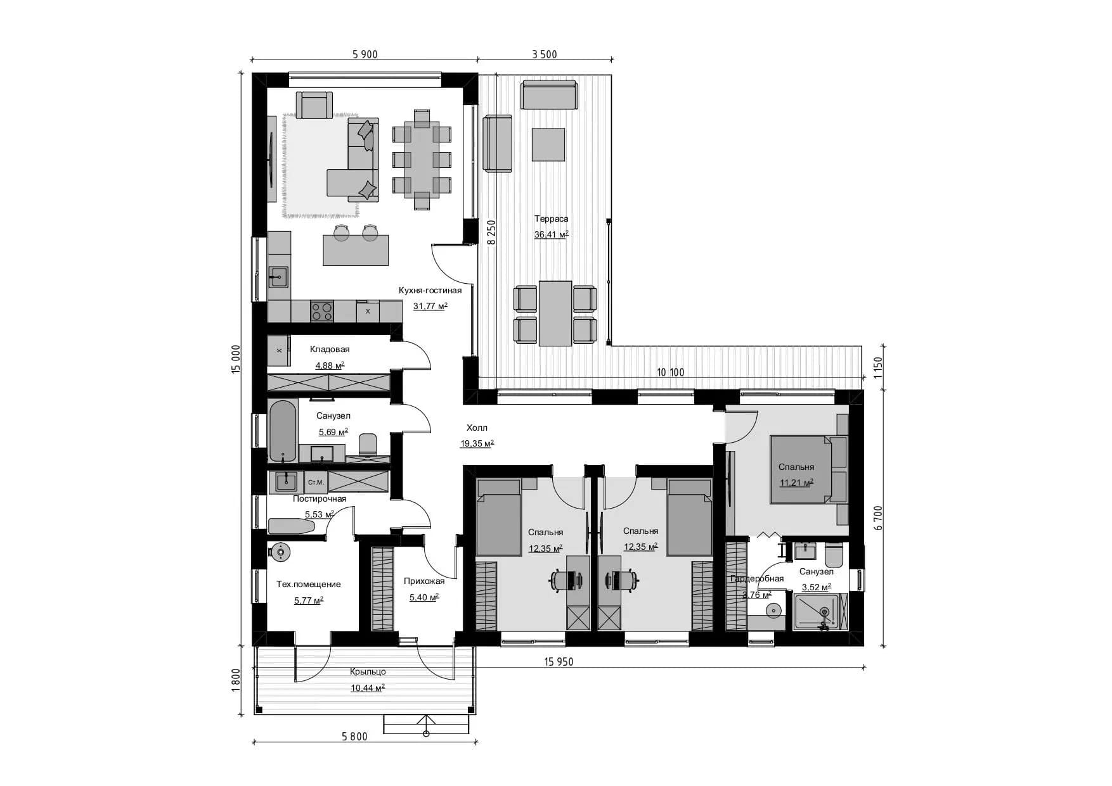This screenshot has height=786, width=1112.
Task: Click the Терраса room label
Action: click(551, 219)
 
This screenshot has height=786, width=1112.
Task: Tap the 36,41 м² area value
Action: click(551, 234)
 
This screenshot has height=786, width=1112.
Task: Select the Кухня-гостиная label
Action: click(430, 291)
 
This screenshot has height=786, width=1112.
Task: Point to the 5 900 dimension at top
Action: click(365, 54)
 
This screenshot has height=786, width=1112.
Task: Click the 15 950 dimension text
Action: click(559, 662)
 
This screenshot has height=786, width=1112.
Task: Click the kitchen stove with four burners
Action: click(322, 310)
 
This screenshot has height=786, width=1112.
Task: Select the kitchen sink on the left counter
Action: click(278, 276)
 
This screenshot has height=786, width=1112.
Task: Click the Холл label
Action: click(477, 428)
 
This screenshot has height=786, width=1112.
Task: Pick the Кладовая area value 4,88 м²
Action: click(330, 365)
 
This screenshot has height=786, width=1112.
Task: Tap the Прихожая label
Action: click(424, 581)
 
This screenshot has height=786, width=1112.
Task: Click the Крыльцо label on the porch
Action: click(368, 672)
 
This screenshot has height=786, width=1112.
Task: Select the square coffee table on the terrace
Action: click(548, 144)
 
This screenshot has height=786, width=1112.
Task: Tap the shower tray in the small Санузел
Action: click(820, 611)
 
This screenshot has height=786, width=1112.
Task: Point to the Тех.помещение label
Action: click(308, 585)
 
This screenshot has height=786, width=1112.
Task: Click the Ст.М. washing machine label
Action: click(316, 483)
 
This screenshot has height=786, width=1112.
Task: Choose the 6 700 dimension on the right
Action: click(877, 517)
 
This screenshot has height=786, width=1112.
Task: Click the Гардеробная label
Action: click(757, 579)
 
